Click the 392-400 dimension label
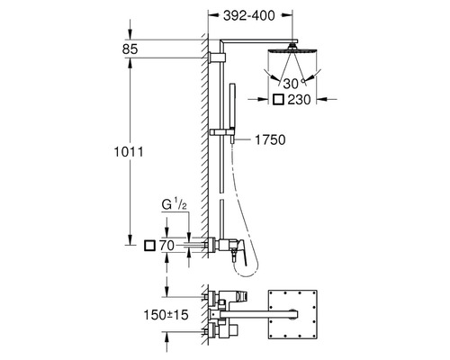point(249,15)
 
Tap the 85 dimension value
point(130,49)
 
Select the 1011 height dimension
point(129,152)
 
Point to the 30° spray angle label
point(292,84)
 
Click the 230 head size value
point(299,100)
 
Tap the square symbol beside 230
point(278,100)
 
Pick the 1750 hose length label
point(270,139)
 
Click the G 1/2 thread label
point(175,205)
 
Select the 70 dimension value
point(166,246)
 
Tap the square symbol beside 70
point(149,246)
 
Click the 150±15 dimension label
point(166,315)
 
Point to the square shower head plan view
point(292,314)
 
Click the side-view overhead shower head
point(292,49)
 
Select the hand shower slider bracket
point(222,132)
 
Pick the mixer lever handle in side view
point(241,252)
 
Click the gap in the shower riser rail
point(221,195)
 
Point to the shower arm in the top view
point(258,314)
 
